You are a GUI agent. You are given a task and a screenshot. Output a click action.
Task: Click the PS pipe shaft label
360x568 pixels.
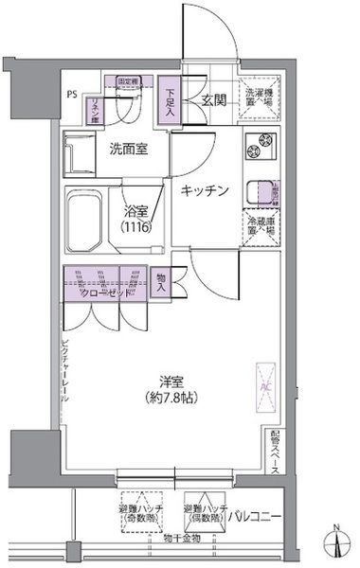[x=73, y=95]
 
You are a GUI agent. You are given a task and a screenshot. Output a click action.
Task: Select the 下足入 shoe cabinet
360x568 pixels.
[x=170, y=98]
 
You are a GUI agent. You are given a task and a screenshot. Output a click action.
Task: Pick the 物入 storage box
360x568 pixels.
[x=161, y=284]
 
